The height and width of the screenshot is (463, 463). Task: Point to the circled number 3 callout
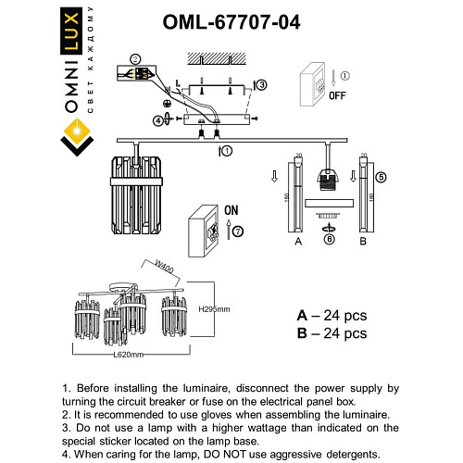(x=261, y=85)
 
